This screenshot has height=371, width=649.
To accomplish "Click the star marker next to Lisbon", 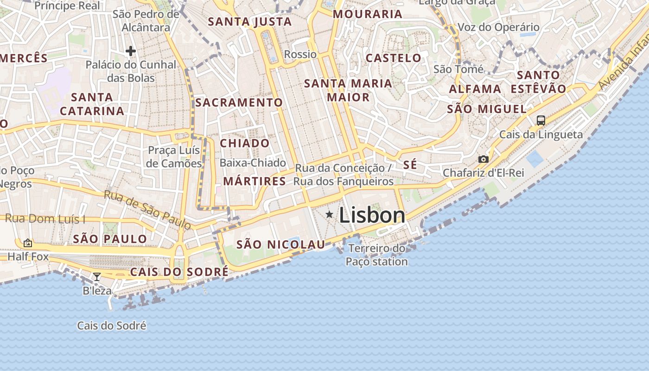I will pyautogui.click(x=329, y=214).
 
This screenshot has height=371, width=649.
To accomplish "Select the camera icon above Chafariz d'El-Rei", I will pyautogui.click(x=483, y=160).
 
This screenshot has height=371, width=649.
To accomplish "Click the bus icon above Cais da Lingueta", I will pyautogui.click(x=541, y=121).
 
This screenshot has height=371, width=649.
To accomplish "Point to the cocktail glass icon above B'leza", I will pyautogui.click(x=97, y=277).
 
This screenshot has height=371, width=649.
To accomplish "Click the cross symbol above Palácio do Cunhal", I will pyautogui.click(x=131, y=51).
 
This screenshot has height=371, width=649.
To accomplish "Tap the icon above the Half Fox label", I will pyautogui.click(x=28, y=243).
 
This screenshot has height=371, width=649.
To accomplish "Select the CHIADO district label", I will pyautogui.click(x=245, y=143).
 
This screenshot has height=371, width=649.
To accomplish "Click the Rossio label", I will pyautogui.click(x=300, y=54).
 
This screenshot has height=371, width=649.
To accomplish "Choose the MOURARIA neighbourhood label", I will pyautogui.click(x=368, y=14).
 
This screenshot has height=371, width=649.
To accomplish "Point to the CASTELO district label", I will pyautogui.click(x=394, y=58).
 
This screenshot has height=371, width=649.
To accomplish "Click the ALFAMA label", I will pyautogui.click(x=475, y=89).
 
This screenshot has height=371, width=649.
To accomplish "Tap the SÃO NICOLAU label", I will pyautogui.click(x=281, y=244).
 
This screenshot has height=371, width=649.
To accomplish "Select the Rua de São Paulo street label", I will pyautogui.click(x=147, y=210).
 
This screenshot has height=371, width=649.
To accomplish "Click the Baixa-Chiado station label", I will pyautogui.click(x=253, y=163).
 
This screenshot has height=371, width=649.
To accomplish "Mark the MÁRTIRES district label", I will pyautogui.click(x=255, y=181).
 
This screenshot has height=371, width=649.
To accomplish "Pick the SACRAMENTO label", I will pyautogui.click(x=239, y=102).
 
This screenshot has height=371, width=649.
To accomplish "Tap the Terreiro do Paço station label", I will pyautogui.click(x=377, y=255).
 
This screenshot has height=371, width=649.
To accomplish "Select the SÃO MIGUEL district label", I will pyautogui.click(x=487, y=109).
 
